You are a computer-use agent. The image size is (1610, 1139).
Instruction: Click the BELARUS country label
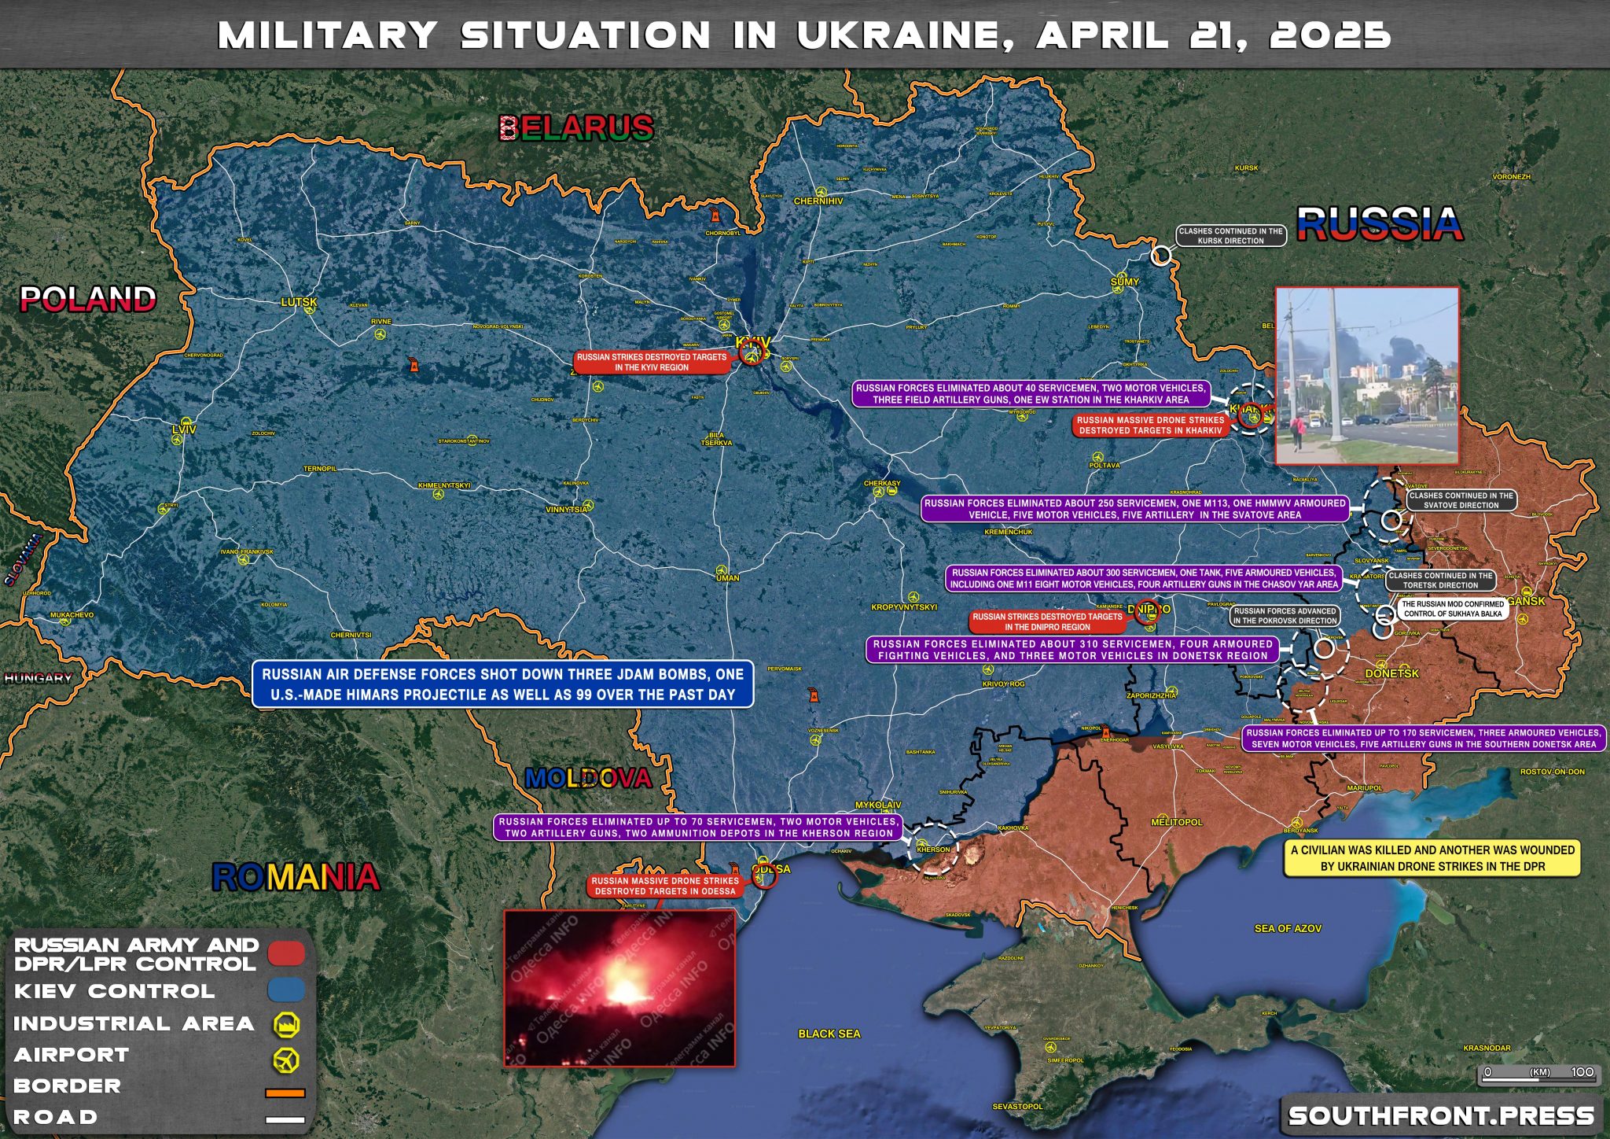pyautogui.click(x=576, y=127)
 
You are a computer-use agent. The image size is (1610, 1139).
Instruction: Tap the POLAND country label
pyautogui.click(x=88, y=299)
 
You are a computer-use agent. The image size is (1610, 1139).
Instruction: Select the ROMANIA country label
pyautogui.click(x=296, y=877)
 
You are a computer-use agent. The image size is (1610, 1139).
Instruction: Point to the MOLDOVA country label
pyautogui.click(x=588, y=779)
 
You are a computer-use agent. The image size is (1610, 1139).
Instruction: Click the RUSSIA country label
pyautogui.click(x=1380, y=224)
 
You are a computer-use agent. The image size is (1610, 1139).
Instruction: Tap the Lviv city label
pyautogui.click(x=184, y=429)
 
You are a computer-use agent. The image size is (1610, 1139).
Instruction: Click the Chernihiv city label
pyautogui.click(x=818, y=201)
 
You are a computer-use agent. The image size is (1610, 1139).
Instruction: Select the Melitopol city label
pyautogui.click(x=1176, y=822)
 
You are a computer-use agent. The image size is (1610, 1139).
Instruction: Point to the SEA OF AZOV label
pyautogui.click(x=1288, y=928)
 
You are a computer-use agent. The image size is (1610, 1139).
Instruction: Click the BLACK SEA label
pyautogui.click(x=829, y=1034)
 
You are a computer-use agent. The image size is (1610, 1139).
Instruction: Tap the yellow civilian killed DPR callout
pyautogui.click(x=1432, y=858)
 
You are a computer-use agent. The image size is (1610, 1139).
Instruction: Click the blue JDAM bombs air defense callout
pyautogui.click(x=503, y=684)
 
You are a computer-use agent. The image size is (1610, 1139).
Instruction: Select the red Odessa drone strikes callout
pyautogui.click(x=665, y=886)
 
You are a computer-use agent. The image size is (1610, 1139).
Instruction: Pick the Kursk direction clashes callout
pyautogui.click(x=1230, y=236)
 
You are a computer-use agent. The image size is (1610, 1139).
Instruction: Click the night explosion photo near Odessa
pyautogui.click(x=619, y=989)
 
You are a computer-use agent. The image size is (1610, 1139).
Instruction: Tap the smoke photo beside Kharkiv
pyautogui.click(x=1366, y=375)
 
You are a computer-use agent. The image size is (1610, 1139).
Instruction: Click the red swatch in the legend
pyautogui.click(x=286, y=953)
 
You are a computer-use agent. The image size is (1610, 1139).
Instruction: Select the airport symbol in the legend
pyautogui.click(x=286, y=1059)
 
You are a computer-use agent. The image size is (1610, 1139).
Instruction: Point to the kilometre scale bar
pyautogui.click(x=1538, y=1075)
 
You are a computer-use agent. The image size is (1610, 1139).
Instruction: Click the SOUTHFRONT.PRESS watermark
pyautogui.click(x=1441, y=1115)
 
